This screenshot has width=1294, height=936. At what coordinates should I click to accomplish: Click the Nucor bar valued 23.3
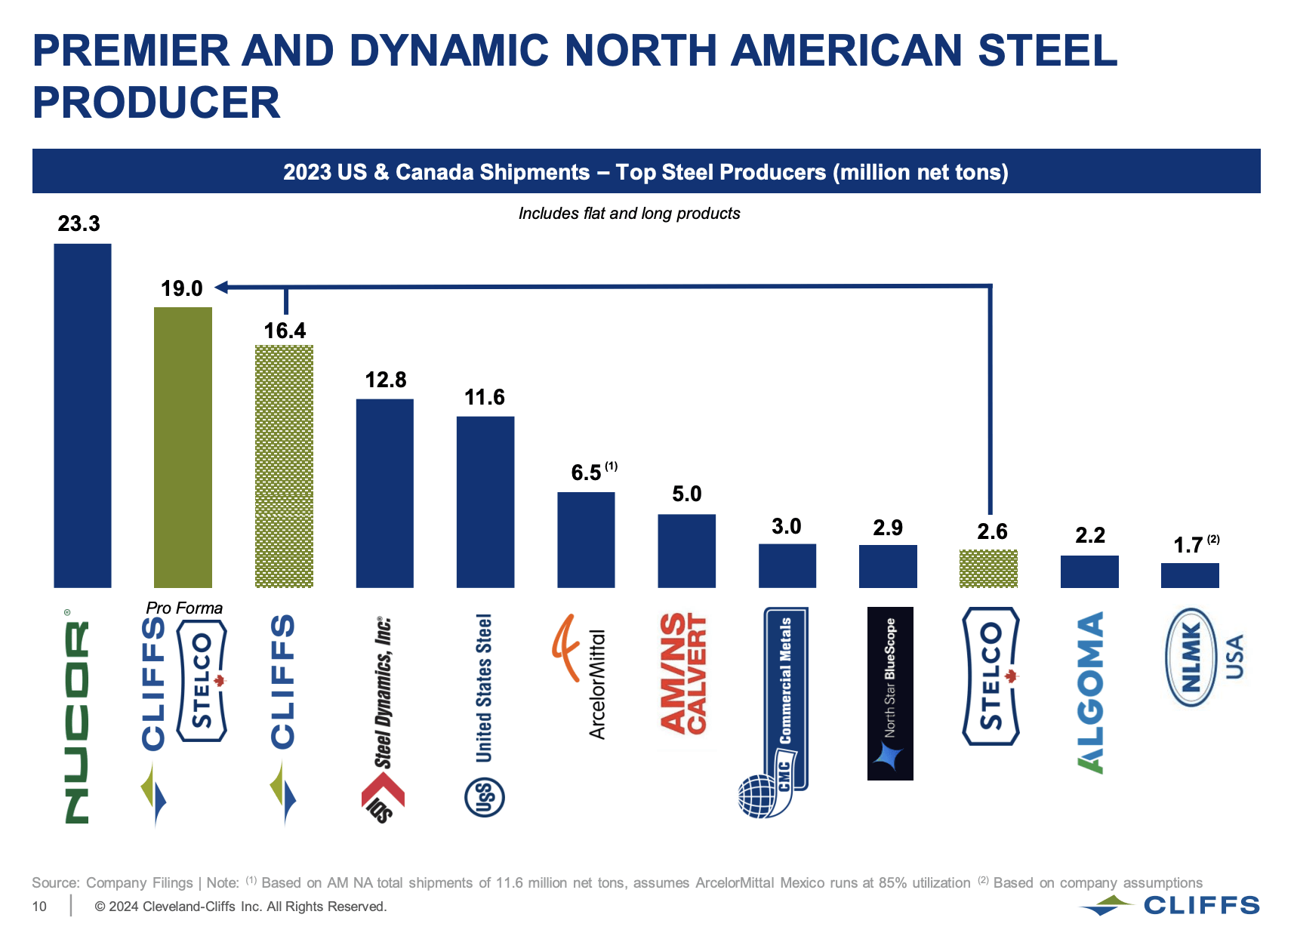[82, 415]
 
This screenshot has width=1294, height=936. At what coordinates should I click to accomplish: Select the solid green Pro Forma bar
[183, 447]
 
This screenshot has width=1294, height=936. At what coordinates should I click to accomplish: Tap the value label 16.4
[285, 331]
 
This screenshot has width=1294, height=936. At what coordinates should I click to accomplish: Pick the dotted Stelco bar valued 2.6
[988, 568]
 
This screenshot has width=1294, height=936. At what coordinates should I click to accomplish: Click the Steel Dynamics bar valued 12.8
[384, 493]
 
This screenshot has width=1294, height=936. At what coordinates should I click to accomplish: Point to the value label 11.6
[484, 397]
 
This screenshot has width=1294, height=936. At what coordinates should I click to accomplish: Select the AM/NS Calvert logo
[684, 673]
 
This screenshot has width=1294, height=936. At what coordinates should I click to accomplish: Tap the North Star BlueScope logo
[890, 693]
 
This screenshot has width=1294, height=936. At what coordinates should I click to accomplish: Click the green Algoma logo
[1090, 692]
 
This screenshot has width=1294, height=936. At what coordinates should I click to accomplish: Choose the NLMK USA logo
[1203, 657]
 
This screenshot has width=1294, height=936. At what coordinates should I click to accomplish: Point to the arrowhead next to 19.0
[221, 287]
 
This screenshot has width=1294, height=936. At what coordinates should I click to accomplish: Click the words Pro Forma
[184, 608]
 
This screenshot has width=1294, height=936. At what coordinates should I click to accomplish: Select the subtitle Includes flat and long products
[629, 214]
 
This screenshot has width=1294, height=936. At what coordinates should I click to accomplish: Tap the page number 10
[39, 907]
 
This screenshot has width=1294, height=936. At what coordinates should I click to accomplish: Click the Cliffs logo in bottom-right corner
[1169, 905]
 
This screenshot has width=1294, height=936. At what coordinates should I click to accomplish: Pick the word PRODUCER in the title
[156, 103]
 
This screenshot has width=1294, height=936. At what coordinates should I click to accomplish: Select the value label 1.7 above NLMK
[1188, 545]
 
